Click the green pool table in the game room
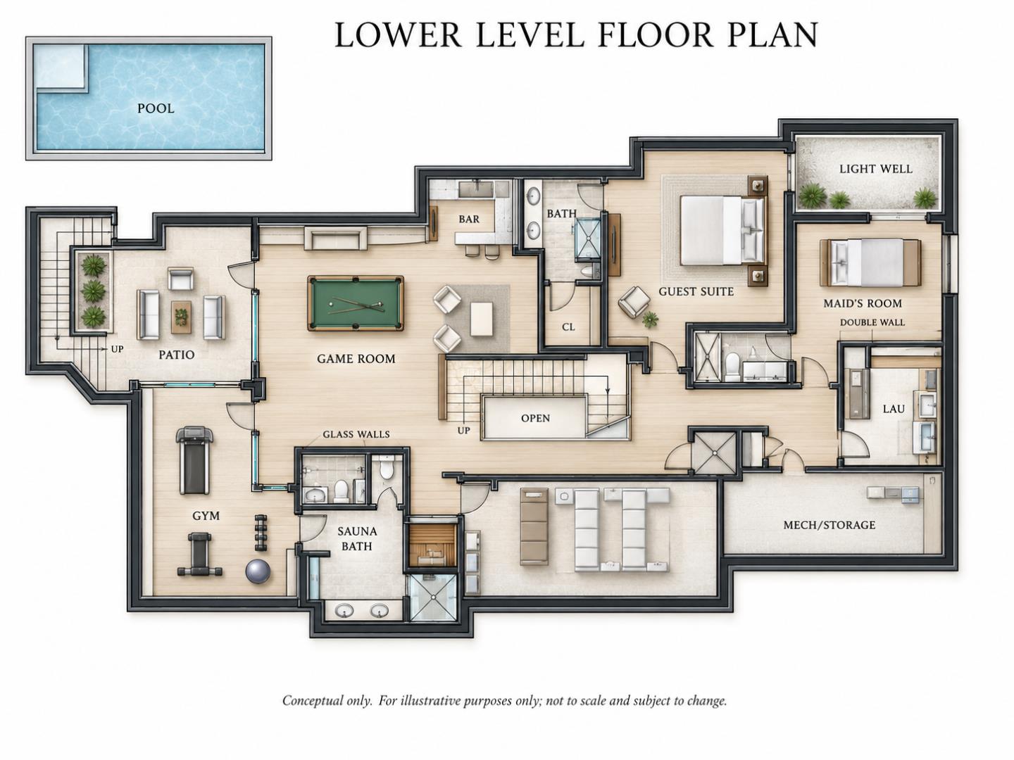pos(355,303)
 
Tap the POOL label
pos(156,108)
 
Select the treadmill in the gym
pos(195,460)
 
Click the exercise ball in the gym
pos(258,571)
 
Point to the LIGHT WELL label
pos(876,169)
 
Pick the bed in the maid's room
pos(870,262)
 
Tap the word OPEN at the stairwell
pos(535,418)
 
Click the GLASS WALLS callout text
pos(356,434)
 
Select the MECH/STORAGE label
pos(830,525)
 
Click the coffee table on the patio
pos(181,317)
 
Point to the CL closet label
pos(568,327)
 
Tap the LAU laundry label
pos(894,409)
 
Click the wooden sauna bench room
pos(432,545)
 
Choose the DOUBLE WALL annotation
pos(872,322)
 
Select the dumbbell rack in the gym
pos(261,533)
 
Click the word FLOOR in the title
pos(655,35)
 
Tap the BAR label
pos(469,219)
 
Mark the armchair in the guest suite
pos(634,302)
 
